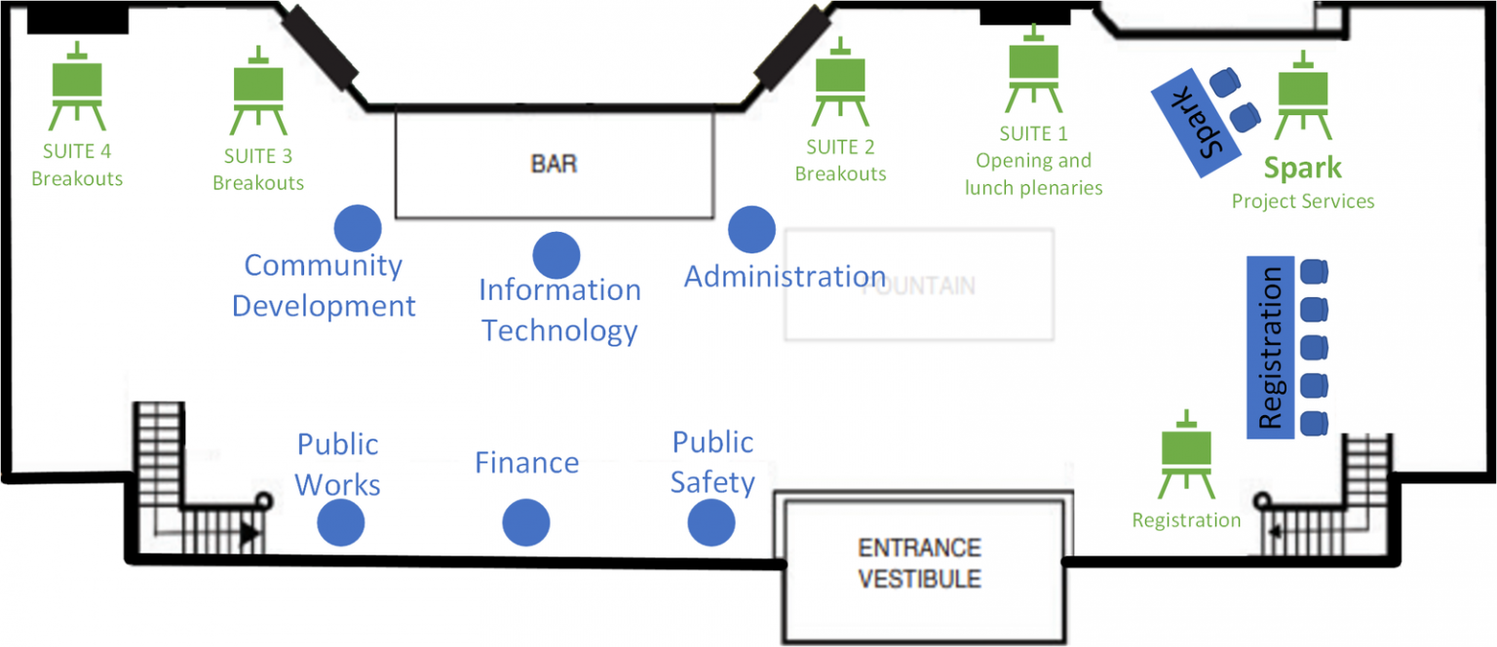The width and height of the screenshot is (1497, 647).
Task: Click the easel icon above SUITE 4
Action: click(x=77, y=88)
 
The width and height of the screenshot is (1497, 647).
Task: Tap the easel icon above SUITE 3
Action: click(x=258, y=92)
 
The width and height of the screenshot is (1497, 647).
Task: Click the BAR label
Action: click(x=554, y=163)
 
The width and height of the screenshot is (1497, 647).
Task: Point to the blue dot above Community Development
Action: click(x=358, y=229)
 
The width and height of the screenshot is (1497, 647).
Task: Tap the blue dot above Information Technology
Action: click(x=557, y=255)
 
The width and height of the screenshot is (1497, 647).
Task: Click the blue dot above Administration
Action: click(x=751, y=229)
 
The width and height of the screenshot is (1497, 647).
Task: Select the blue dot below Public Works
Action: click(x=341, y=523)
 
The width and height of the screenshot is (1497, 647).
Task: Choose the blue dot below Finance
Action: click(x=526, y=523)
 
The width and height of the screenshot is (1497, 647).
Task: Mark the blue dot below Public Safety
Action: click(x=711, y=523)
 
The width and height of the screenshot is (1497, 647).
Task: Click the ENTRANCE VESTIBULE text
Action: click(x=919, y=563)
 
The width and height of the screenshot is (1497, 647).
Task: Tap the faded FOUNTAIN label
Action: click(x=919, y=286)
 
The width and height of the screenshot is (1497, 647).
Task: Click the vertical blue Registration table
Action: click(x=1270, y=346)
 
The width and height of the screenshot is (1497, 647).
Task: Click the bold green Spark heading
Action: click(x=1302, y=168)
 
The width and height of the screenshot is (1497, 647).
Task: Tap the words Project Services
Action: click(x=1302, y=202)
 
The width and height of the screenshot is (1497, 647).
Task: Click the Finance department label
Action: click(x=526, y=463)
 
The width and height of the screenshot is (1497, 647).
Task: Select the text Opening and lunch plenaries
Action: click(x=1033, y=173)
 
